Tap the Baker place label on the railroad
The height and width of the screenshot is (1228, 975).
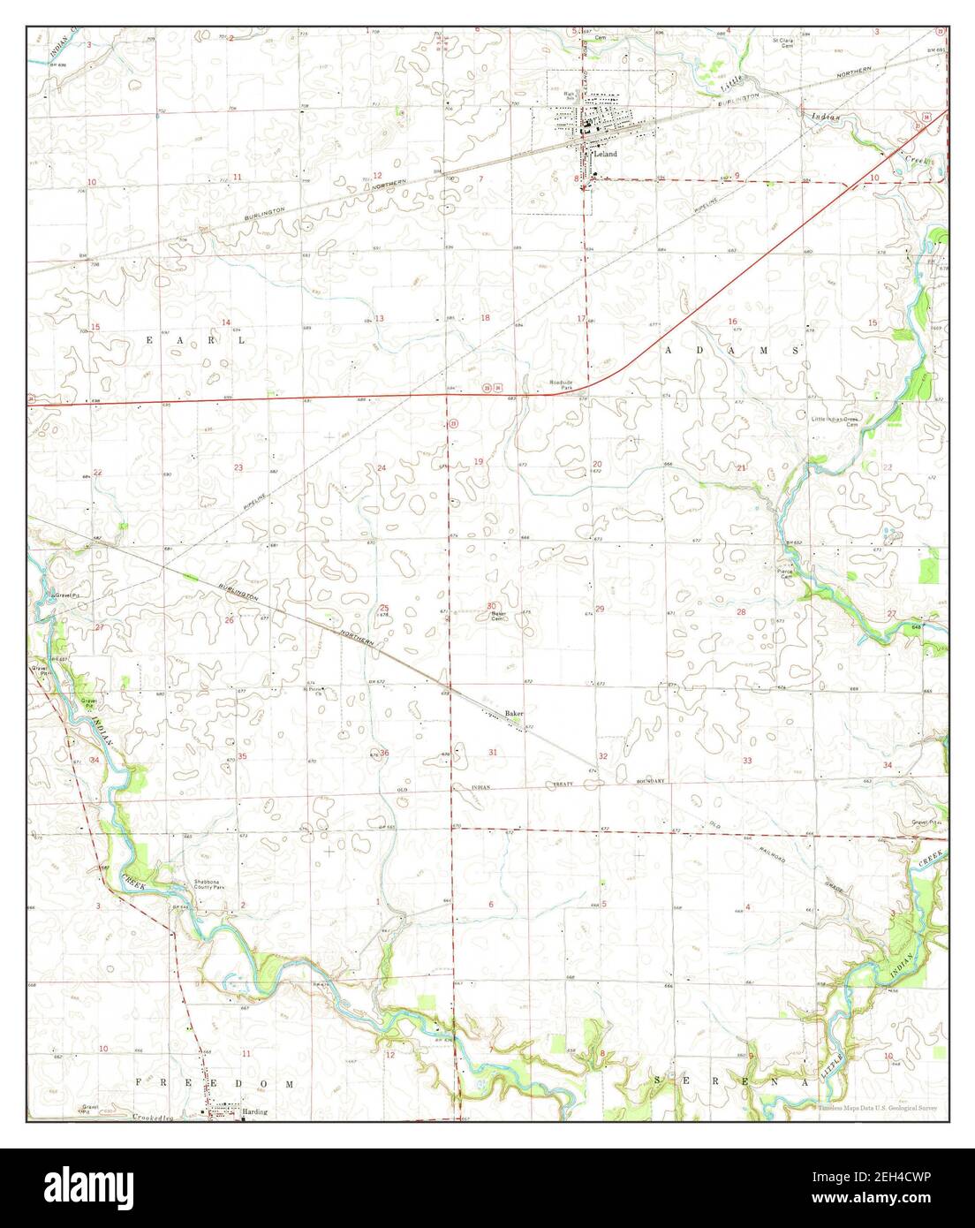[x=514, y=712]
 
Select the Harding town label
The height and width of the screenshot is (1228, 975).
[x=254, y=1112]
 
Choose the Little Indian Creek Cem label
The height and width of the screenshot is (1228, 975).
[x=835, y=421]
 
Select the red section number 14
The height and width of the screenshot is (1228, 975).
[x=226, y=322]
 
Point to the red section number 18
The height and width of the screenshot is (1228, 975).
[x=484, y=318]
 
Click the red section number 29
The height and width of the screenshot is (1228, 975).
[x=600, y=610]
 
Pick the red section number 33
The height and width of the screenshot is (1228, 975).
[x=747, y=761]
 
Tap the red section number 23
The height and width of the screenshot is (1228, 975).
[x=238, y=467]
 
